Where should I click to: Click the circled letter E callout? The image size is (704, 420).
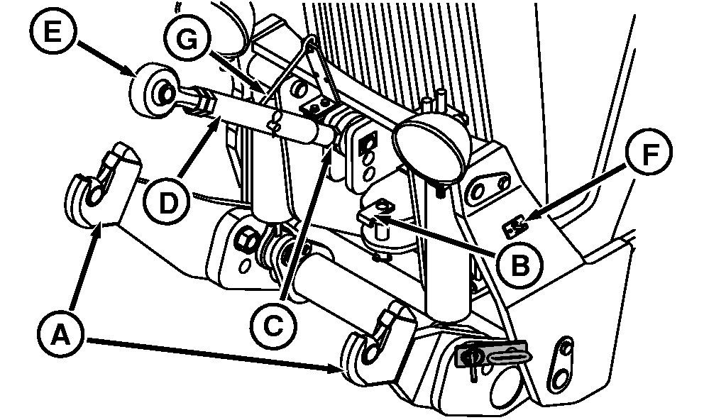pos(53,33)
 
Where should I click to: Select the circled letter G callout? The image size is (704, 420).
pos(187,40)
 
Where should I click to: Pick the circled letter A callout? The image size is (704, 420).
pos(60,334)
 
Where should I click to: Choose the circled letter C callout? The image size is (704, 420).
pos(273,326)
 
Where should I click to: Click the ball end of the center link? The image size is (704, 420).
pos(153,92)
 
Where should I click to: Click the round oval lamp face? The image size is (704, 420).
pos(427,145)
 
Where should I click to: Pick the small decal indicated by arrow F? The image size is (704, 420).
pos(515,228)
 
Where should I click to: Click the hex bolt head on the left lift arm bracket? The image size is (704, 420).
pos(246,242)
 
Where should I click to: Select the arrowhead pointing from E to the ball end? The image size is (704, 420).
pos(128,70)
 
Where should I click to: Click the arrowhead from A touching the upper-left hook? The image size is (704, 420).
pos(101,228)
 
